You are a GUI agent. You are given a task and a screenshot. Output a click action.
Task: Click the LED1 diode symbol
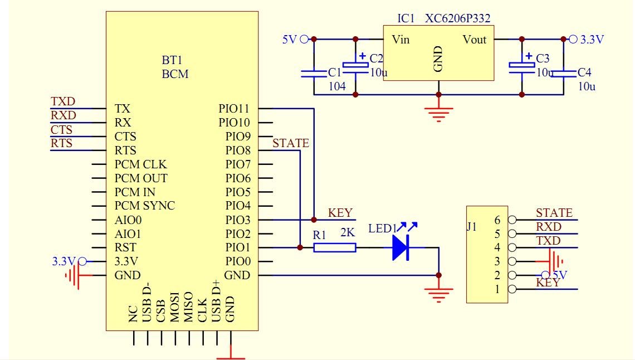click(x=400, y=247)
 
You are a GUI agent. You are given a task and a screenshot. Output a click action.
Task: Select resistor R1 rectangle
click(x=334, y=247)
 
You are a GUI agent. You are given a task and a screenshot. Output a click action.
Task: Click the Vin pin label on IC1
click(x=401, y=40)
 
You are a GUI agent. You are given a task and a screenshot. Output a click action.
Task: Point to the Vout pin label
click(x=474, y=40)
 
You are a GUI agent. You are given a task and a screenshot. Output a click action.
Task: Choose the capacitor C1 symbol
click(x=314, y=72)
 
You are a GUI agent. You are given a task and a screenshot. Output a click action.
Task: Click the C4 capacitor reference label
click(x=585, y=72)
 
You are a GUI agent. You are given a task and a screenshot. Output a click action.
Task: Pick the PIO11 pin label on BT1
click(x=235, y=108)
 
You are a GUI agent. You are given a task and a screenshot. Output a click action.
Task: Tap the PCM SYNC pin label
click(x=145, y=206)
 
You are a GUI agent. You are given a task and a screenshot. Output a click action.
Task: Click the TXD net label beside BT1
click(x=63, y=102)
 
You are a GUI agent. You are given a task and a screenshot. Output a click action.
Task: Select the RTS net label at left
click(x=62, y=144)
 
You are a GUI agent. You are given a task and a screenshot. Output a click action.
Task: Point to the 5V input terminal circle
click(x=304, y=39)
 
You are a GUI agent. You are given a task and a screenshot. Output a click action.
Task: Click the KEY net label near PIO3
click(x=340, y=213)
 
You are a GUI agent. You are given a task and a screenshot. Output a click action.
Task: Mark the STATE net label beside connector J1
click(x=554, y=213)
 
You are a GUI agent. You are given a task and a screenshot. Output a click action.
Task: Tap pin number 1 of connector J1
click(x=497, y=289)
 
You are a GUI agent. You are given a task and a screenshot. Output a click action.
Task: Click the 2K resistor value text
click(x=348, y=234)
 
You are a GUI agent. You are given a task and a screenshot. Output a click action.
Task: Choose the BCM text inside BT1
click(x=175, y=74)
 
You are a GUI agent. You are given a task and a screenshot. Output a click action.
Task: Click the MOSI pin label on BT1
click(x=174, y=307)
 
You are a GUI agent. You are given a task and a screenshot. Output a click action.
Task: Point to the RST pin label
click(x=125, y=247)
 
